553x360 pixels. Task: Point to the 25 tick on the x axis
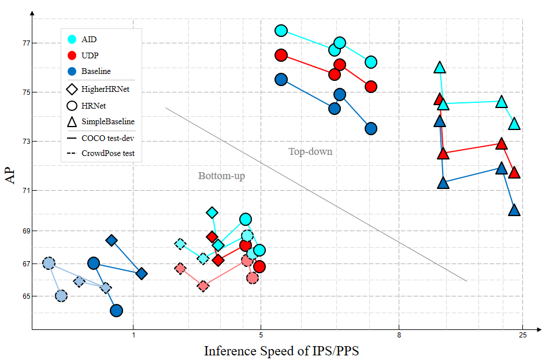pos(522,337)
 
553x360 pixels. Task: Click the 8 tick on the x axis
pos(399,337)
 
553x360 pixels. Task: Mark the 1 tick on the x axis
pos(133,337)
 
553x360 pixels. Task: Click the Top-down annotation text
pos(310,152)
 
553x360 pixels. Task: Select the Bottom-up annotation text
pos(221,176)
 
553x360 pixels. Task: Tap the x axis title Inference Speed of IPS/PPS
pos(281,351)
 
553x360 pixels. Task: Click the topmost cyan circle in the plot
pos(281,31)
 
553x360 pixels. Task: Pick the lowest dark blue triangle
pos(514,210)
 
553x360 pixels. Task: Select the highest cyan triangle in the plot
pos(440,68)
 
